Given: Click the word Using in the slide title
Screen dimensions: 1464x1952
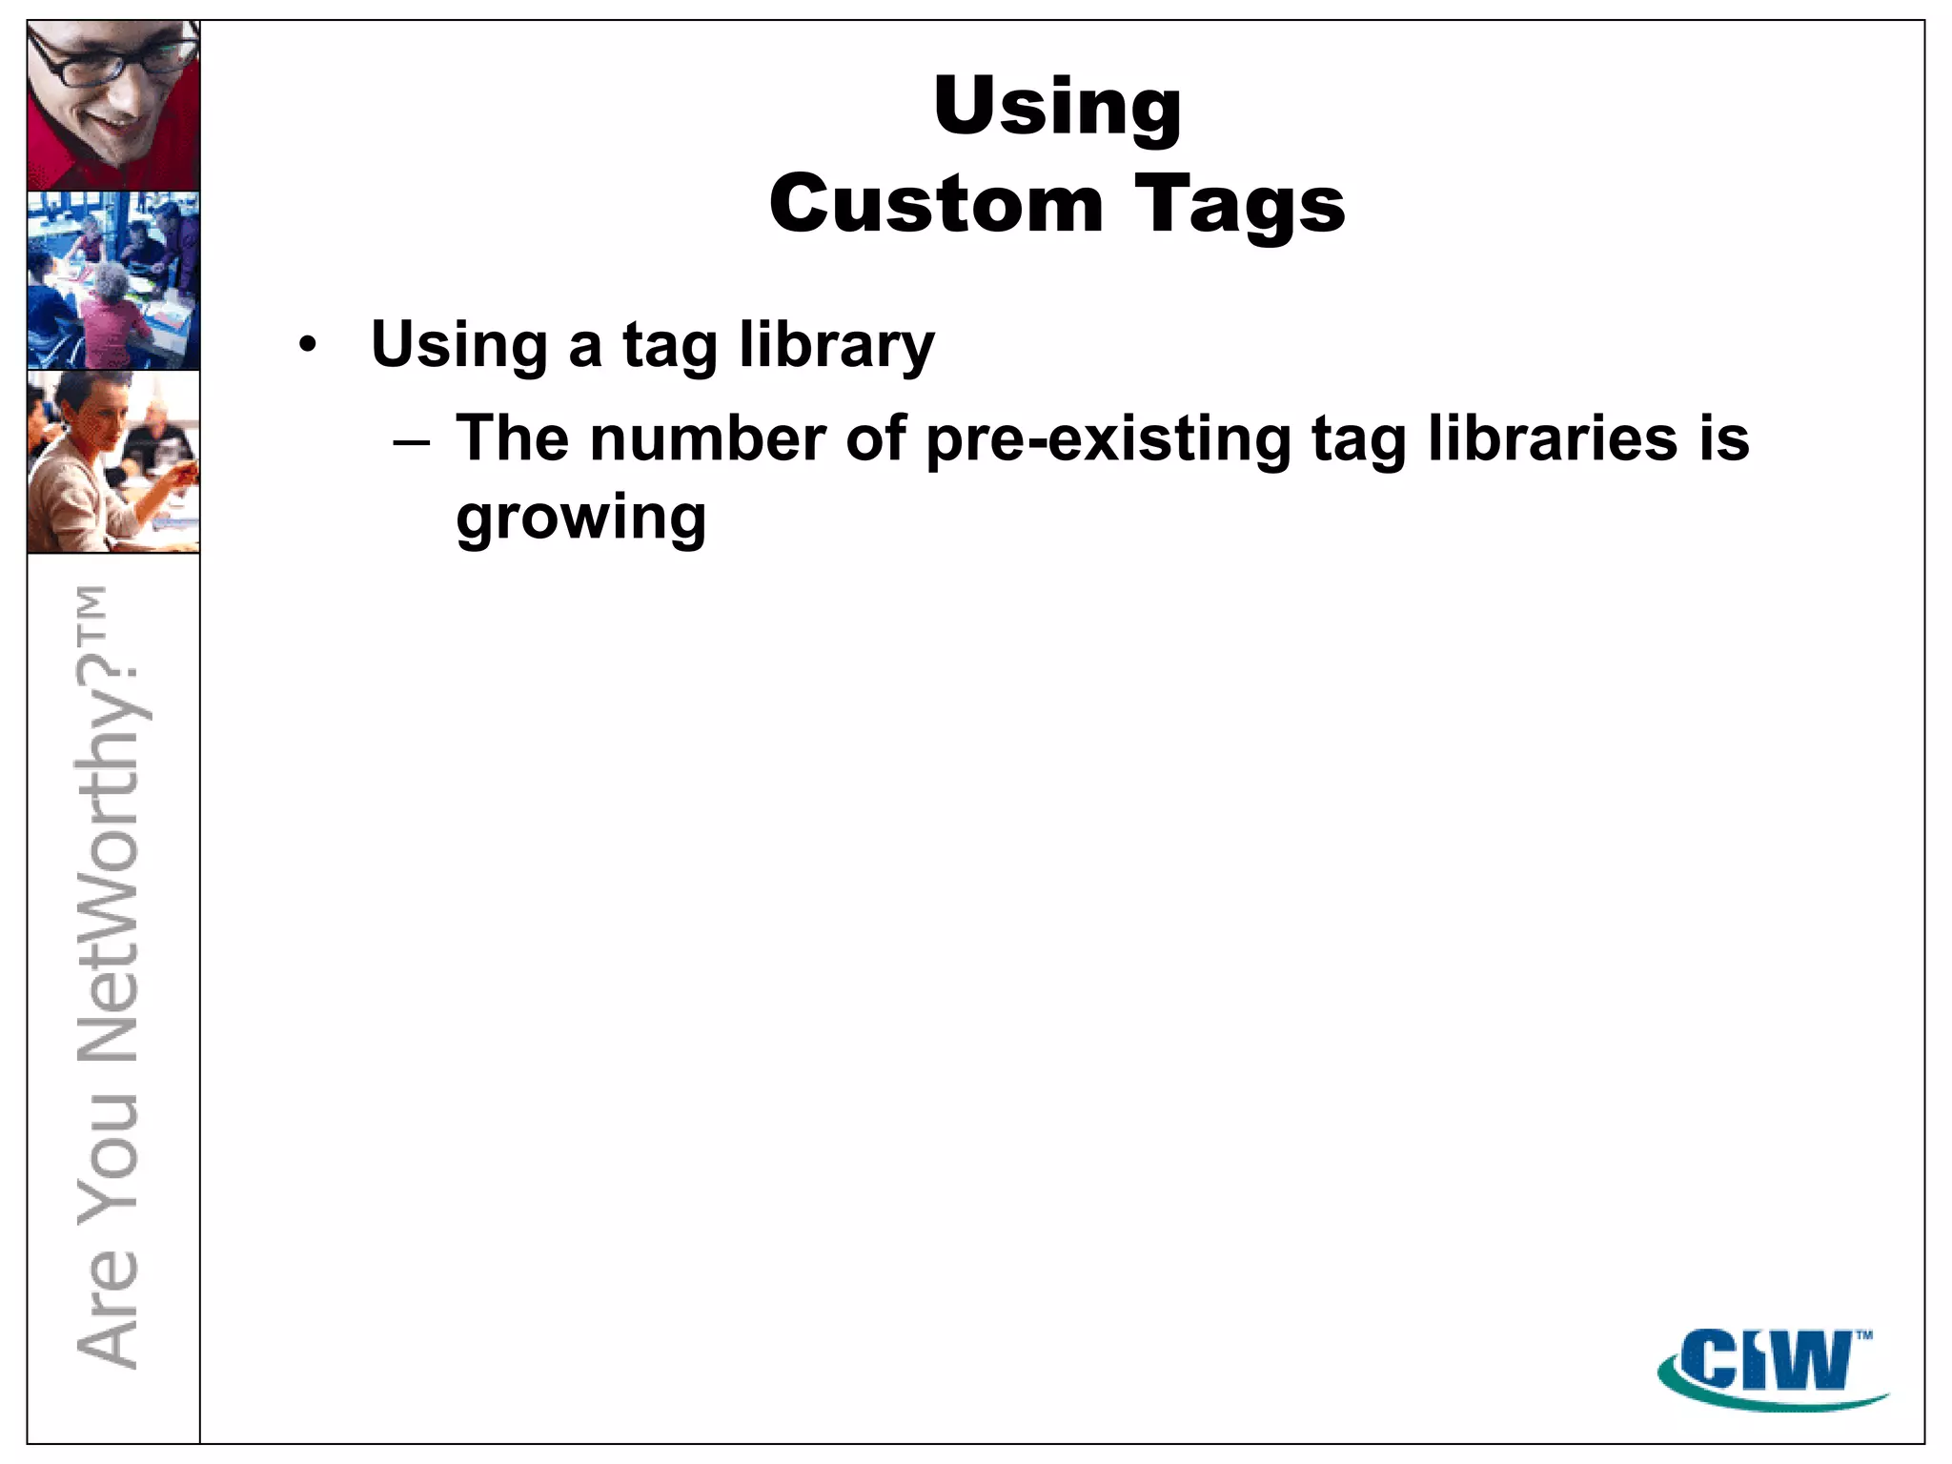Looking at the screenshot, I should tap(1057, 107).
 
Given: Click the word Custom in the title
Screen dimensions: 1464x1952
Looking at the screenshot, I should tap(936, 205).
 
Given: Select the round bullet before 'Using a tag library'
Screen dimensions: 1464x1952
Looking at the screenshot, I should tap(306, 345).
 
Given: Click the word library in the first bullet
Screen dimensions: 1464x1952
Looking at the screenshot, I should tap(837, 345).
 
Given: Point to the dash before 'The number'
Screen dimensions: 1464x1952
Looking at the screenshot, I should tap(412, 442).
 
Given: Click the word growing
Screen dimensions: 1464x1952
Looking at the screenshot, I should tap(580, 519).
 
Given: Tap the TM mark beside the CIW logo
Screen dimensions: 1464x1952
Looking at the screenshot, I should tap(1864, 1335).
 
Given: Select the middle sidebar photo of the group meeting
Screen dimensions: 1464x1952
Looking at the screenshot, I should tap(113, 280).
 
